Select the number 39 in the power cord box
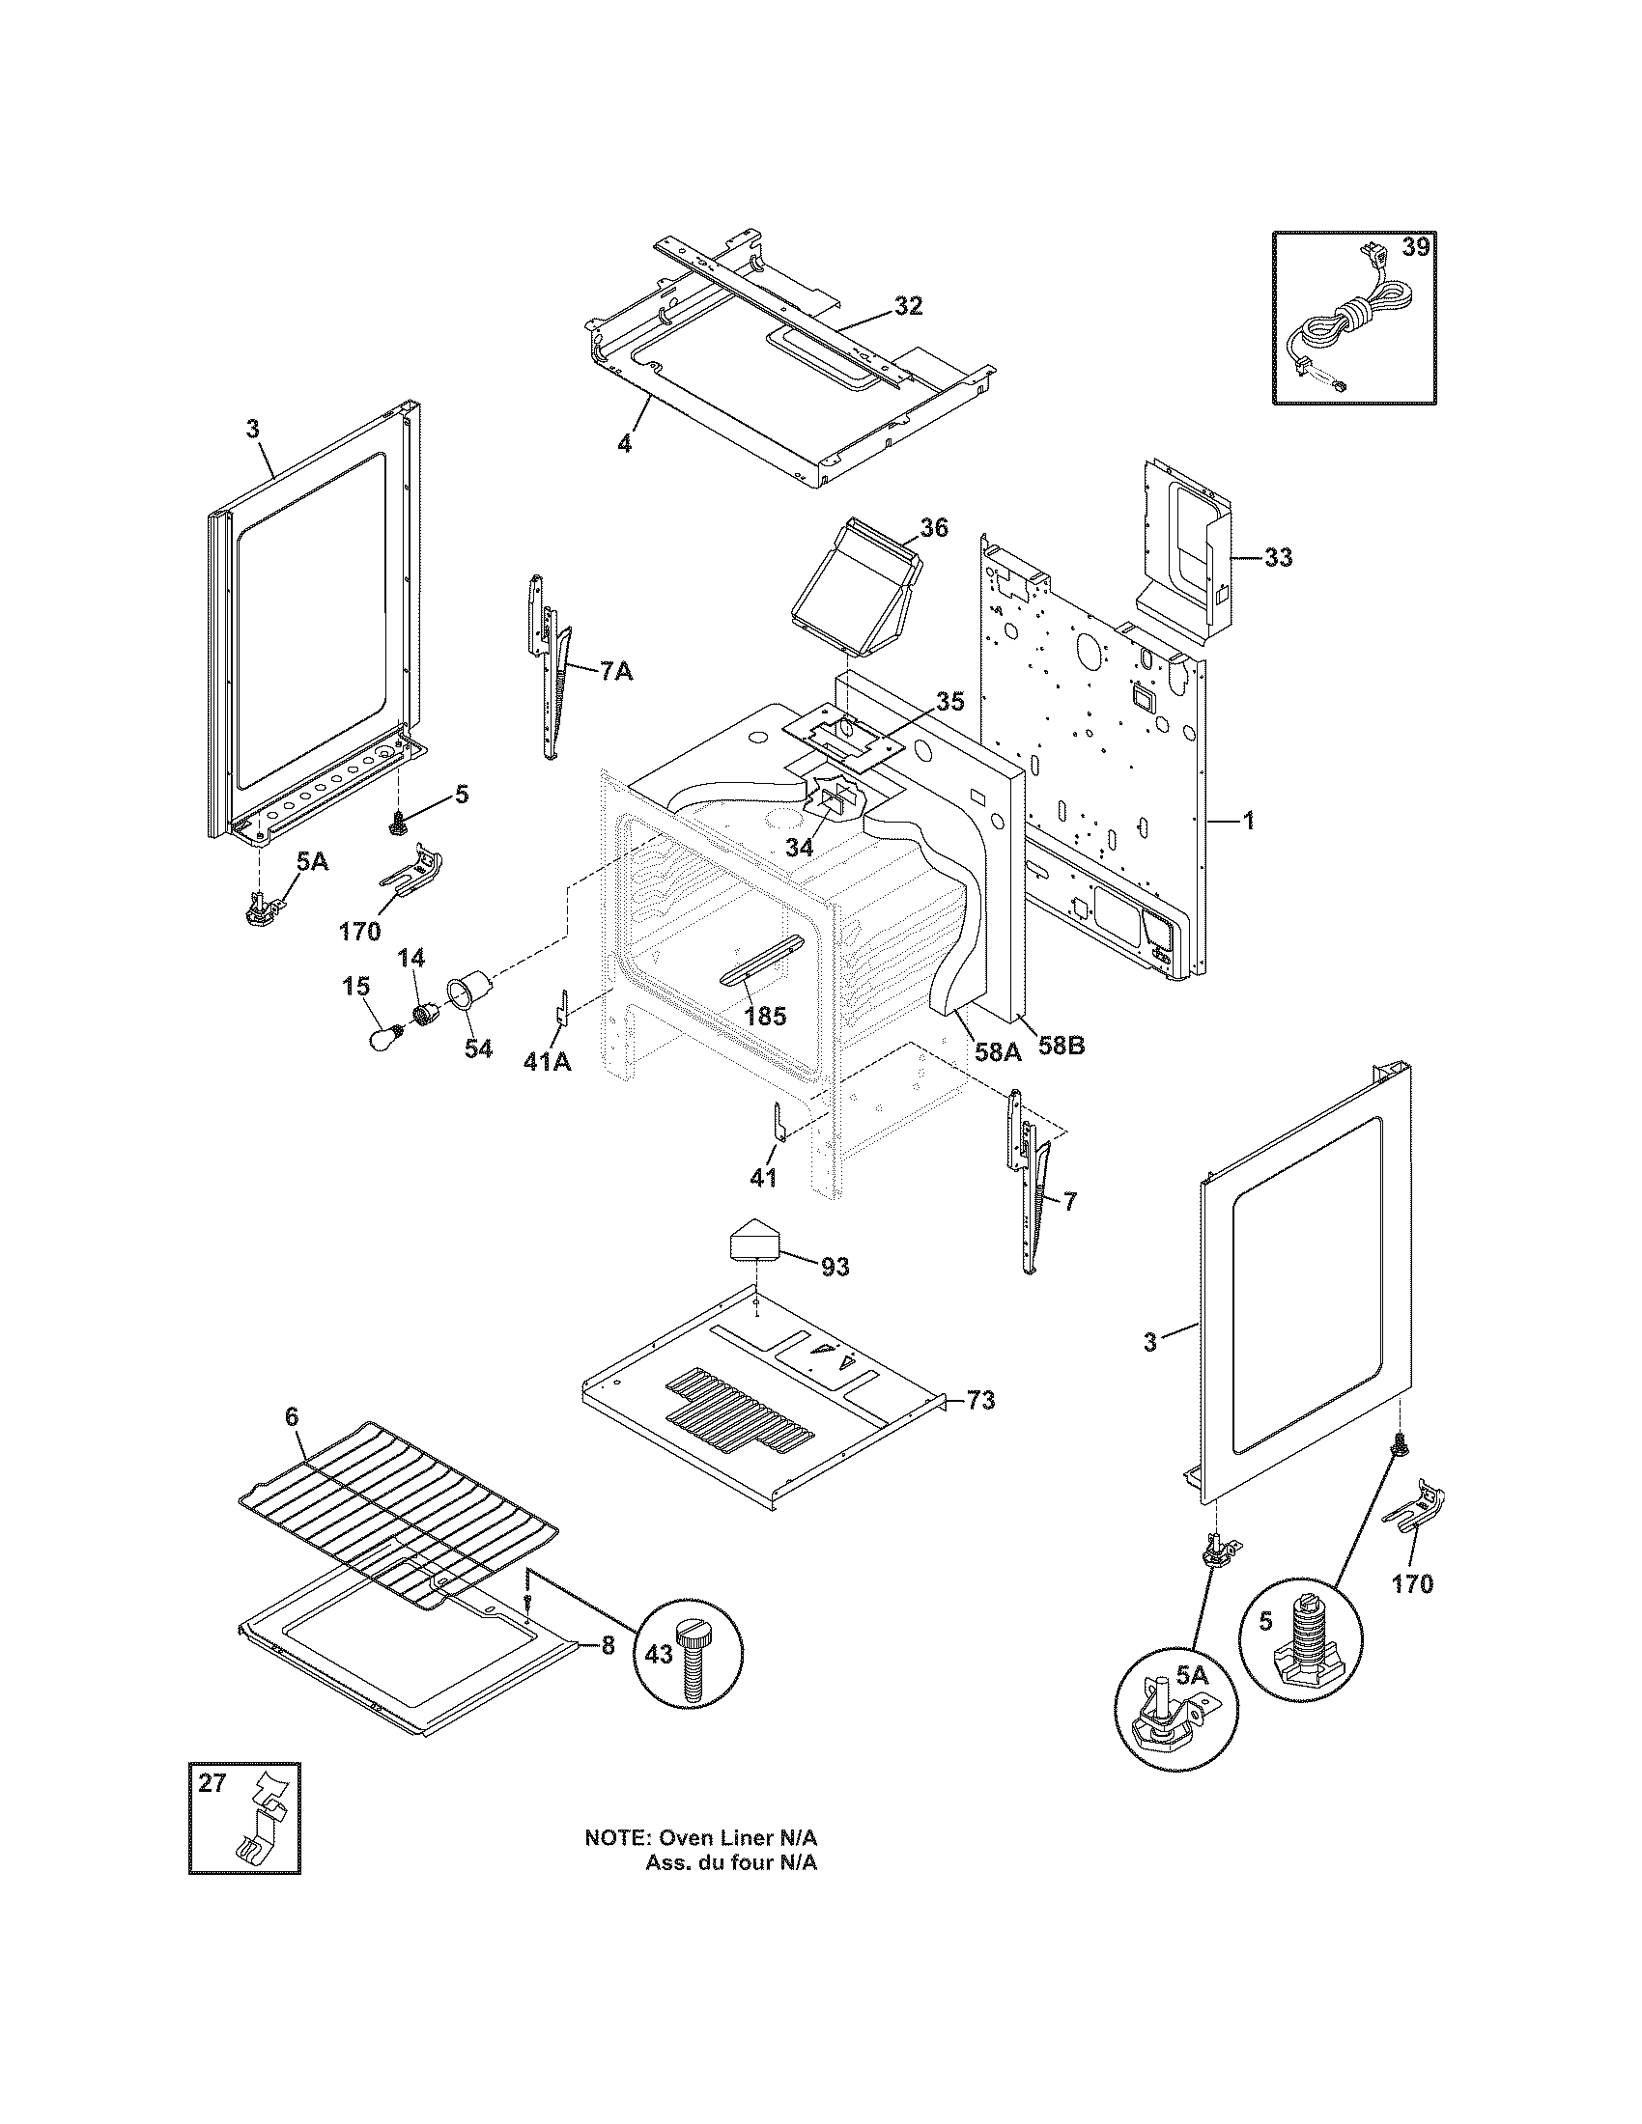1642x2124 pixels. point(1415,248)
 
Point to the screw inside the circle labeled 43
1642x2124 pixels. point(693,1665)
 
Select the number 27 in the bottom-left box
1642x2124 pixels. point(212,1783)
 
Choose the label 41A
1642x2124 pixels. point(548,1062)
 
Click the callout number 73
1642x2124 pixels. point(980,1402)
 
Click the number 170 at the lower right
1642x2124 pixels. point(1412,1584)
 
